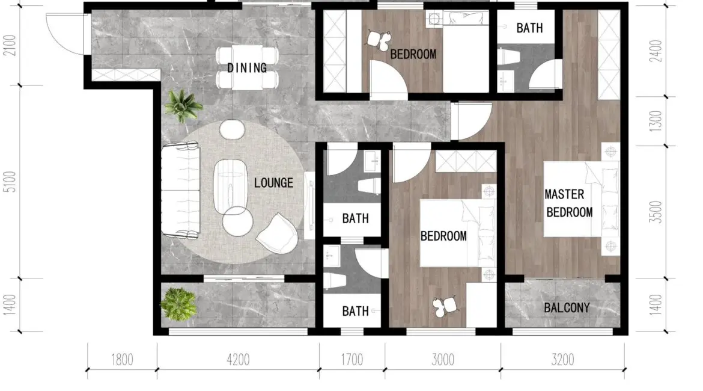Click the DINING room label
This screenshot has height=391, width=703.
click(246, 68)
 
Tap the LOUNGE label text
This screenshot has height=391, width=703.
click(273, 183)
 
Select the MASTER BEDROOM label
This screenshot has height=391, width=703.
click(568, 203)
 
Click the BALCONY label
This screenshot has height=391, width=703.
click(567, 307)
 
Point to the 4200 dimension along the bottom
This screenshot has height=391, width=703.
click(238, 360)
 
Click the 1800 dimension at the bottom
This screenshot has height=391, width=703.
click(122, 360)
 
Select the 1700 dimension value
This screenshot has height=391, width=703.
click(352, 360)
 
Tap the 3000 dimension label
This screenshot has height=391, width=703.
click(443, 360)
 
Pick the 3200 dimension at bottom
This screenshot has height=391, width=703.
click(562, 360)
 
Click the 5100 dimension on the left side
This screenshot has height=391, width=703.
click(10, 182)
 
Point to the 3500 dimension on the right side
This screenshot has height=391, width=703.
click(656, 212)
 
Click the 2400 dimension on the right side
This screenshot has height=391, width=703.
click(656, 51)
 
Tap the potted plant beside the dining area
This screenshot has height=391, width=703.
click(182, 106)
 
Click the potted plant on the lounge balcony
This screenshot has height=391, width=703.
click(178, 304)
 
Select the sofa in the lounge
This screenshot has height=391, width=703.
click(181, 190)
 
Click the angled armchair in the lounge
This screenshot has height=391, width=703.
click(278, 233)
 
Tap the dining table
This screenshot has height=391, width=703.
click(247, 67)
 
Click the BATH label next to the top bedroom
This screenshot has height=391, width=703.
click(529, 28)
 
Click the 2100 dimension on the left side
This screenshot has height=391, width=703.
click(10, 45)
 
